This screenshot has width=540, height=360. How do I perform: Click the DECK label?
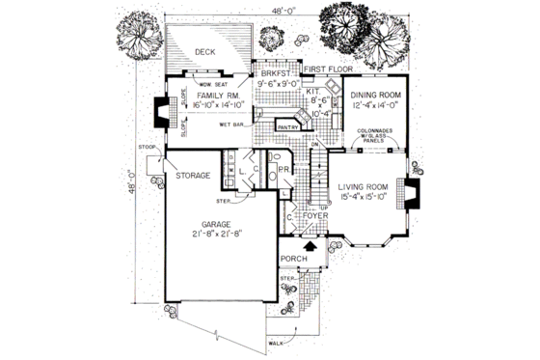(203, 53)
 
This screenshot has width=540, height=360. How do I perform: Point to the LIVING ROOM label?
(362, 187)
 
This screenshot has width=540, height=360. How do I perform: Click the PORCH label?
(293, 261)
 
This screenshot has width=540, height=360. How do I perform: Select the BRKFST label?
(275, 71)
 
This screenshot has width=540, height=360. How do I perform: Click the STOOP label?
(148, 146)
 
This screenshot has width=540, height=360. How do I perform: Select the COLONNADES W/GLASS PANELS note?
(375, 134)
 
